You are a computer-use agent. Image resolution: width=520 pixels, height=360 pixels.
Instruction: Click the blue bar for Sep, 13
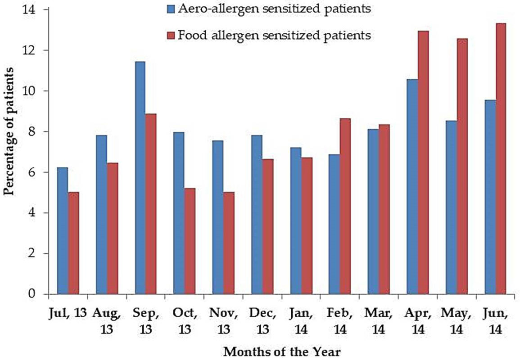click(140, 178)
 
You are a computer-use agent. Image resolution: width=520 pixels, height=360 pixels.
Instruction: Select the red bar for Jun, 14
click(501, 159)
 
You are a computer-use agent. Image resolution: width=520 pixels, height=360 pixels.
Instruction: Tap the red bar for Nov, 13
click(229, 243)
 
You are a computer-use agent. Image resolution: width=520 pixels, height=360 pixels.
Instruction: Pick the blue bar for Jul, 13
click(62, 231)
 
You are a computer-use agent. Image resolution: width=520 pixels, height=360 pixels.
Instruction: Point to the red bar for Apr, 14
click(423, 162)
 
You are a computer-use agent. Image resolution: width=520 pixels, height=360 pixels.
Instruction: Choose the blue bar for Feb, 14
click(334, 224)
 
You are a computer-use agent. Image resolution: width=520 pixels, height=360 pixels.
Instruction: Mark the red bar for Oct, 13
click(190, 241)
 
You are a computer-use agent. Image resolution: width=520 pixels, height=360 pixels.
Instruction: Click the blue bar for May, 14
click(451, 207)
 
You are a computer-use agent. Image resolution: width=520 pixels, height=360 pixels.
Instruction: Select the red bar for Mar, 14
click(384, 209)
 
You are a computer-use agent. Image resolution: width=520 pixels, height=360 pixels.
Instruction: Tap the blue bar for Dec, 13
click(257, 215)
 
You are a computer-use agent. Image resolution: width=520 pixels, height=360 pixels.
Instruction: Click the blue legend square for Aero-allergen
click(171, 9)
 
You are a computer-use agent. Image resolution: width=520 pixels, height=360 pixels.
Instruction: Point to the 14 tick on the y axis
click(47, 9)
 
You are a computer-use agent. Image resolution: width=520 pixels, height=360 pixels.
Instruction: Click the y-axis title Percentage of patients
click(9, 131)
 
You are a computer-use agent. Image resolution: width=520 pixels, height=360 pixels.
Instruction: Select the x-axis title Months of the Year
click(282, 351)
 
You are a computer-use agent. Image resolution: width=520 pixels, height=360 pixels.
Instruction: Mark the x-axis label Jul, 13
click(68, 314)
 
